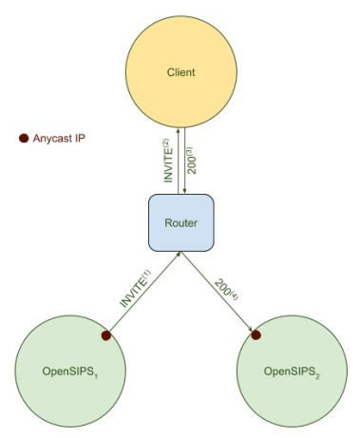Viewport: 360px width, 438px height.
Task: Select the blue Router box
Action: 180,222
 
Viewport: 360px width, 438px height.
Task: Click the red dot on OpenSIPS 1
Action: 106,334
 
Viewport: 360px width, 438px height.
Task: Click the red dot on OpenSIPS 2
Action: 255,333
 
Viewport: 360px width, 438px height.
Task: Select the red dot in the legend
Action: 24,139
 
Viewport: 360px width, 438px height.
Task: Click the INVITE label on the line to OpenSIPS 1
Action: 134,290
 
